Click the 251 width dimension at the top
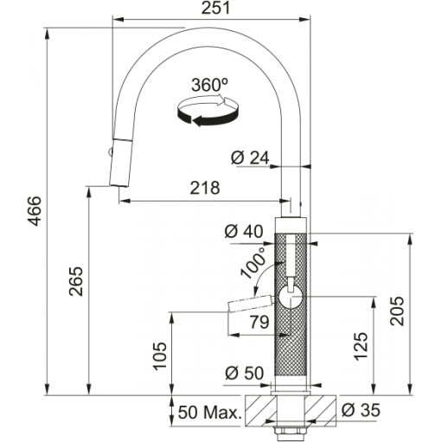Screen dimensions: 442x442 pos(215,8)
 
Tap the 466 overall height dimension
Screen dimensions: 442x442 pos(36,211)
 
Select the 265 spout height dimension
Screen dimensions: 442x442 pos(76,281)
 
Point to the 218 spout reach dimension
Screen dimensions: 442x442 pos(205,188)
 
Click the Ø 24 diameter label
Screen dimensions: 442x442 pos(250,157)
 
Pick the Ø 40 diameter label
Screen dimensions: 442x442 pos(244,232)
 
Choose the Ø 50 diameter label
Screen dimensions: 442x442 pos(245,373)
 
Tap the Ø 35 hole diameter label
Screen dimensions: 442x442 pos(361,410)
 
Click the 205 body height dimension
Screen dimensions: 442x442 pos(397,311)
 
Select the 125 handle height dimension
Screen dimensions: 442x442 pos(362,346)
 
